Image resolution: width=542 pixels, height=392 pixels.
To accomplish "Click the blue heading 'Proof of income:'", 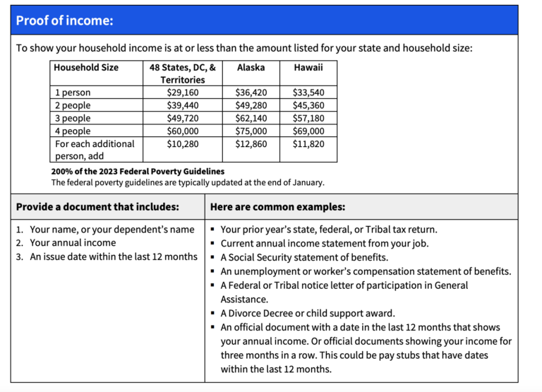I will pos(64,20).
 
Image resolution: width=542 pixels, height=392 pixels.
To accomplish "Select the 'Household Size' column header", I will pos(86,68).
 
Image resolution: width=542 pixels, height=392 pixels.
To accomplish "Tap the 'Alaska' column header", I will pos(251,68).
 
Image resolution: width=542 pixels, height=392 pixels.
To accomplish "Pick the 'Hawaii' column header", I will pos(308,68).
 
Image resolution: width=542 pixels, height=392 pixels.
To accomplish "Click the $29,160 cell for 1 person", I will pos(182,93).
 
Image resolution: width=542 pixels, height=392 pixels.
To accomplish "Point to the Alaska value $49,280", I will pos(251,105).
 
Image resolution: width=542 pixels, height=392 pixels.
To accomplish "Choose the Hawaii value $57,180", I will pos(308,118).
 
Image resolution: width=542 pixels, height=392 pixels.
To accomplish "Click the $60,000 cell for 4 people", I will pos(182,131).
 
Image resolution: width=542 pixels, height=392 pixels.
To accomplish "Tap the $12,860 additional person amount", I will pos(251,143).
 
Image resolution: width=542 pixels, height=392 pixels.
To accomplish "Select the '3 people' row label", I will pos(73,118).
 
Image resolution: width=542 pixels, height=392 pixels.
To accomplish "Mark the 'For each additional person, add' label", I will pos(94,150).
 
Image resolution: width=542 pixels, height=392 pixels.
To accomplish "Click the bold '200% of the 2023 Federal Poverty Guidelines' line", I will pos(138,171).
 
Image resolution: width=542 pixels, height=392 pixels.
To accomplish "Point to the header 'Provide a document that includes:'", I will pos(97,207).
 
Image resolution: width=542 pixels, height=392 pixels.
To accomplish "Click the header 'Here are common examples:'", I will pos(277,207).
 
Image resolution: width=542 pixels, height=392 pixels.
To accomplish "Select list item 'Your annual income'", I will pos(73,243).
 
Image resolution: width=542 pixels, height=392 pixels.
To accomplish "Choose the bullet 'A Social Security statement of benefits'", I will pos(304,257).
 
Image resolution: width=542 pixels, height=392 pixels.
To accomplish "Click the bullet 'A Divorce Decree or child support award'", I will pos(308,313).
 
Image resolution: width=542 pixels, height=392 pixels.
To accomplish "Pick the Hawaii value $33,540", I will pos(308,93).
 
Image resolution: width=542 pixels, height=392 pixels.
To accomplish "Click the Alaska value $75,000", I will pos(251,131).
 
